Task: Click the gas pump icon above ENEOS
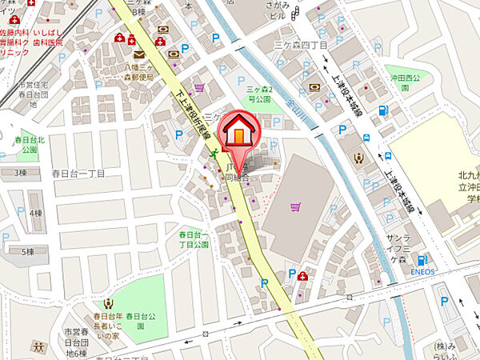(422, 260)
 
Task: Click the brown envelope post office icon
(139, 54)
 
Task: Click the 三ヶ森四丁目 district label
(301, 46)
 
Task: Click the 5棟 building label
(28, 251)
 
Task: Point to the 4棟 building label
(35, 214)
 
